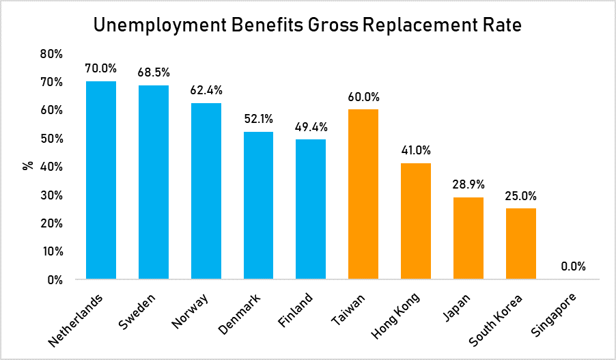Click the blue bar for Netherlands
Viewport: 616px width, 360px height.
click(101, 180)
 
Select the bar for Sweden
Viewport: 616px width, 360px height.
click(154, 182)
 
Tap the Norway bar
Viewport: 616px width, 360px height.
click(206, 191)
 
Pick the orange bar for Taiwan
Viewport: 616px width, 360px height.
click(363, 195)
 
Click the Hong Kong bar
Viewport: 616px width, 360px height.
click(416, 221)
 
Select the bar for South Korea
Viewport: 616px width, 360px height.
click(521, 244)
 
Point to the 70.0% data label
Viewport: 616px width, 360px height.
click(101, 68)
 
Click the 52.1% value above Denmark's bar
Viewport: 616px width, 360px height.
click(259, 118)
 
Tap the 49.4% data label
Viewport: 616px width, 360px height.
click(311, 126)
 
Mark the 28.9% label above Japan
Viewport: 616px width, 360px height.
click(468, 184)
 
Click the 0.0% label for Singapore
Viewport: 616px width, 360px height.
click(574, 266)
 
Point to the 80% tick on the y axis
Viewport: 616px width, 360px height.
click(53, 53)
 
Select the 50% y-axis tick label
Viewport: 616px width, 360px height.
click(53, 139)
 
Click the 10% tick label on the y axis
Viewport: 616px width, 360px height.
click(53, 251)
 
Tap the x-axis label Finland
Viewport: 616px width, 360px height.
click(296, 309)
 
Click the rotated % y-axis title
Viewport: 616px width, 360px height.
click(28, 166)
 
